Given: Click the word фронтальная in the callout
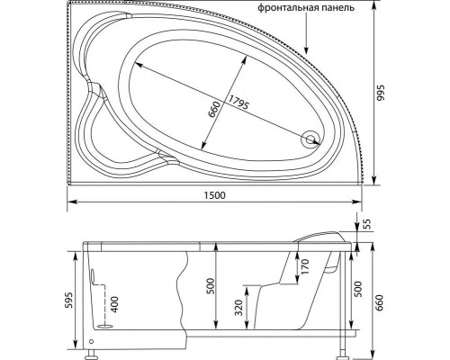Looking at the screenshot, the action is point(285,7).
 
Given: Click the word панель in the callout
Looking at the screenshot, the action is point(336,7).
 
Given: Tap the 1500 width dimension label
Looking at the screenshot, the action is point(214,195).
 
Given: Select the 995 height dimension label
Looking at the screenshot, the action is point(380,93).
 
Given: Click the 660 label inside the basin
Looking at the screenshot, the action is point(215,110).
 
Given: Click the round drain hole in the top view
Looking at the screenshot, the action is point(310,139).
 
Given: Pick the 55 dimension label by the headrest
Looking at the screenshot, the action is point(368,224).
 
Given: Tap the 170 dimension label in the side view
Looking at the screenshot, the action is point(304,267).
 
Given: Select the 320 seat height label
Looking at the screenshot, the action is point(238,308).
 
